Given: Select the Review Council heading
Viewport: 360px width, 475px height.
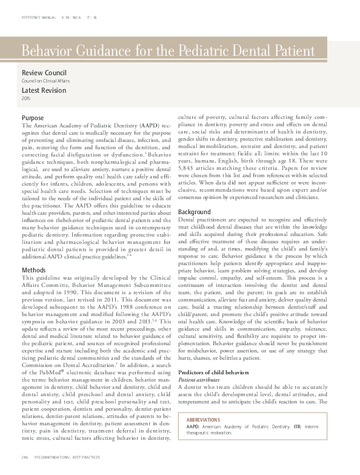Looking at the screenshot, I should tap(44, 72).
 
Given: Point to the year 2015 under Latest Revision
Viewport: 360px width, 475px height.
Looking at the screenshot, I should tap(26, 98).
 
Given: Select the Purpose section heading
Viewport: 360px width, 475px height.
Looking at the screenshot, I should tap(32, 117).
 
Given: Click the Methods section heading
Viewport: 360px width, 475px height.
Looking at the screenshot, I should tap(33, 269).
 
